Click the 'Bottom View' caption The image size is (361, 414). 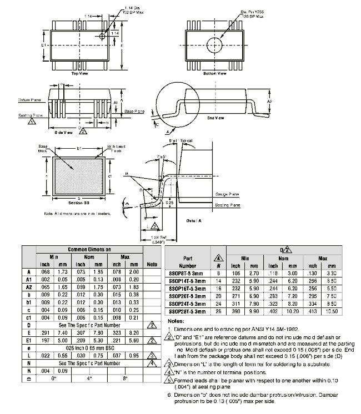pyautogui.click(x=215, y=73)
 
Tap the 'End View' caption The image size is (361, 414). pyautogui.click(x=215, y=118)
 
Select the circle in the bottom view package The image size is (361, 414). pyautogui.click(x=214, y=44)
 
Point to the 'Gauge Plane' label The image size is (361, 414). pyautogui.click(x=226, y=194)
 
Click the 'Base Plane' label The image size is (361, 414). pyautogui.click(x=134, y=112)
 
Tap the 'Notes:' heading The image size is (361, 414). pyautogui.click(x=176, y=321)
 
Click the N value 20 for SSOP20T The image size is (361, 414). pyautogui.click(x=219, y=296)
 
